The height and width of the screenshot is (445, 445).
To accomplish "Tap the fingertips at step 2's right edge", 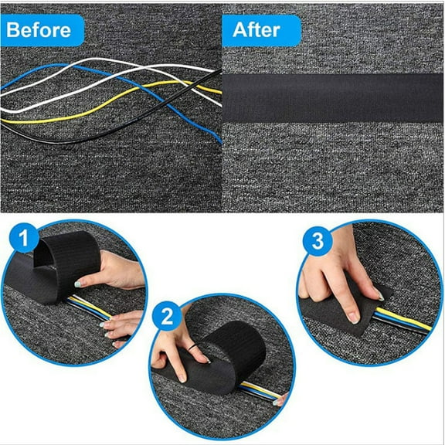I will click(280, 399).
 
